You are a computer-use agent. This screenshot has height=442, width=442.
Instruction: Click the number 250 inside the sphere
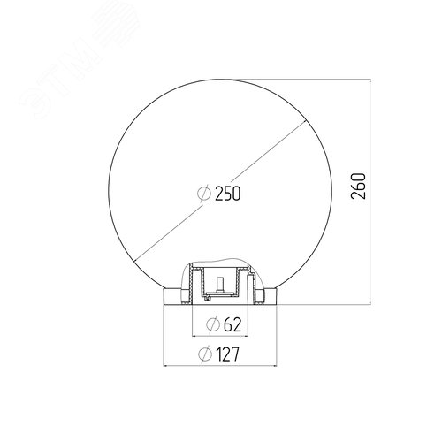click(227, 192)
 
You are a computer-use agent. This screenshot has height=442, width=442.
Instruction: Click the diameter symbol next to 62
click(212, 324)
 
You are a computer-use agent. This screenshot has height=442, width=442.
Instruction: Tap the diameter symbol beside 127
click(207, 355)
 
